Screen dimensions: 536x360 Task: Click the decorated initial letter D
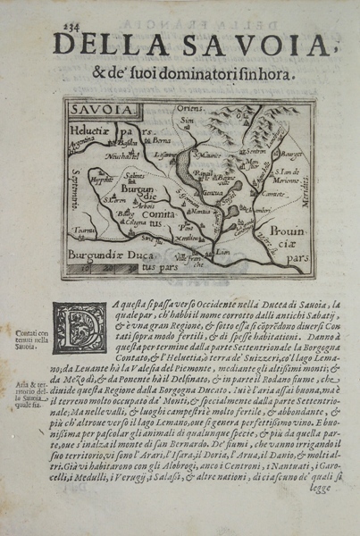(x=78, y=327)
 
